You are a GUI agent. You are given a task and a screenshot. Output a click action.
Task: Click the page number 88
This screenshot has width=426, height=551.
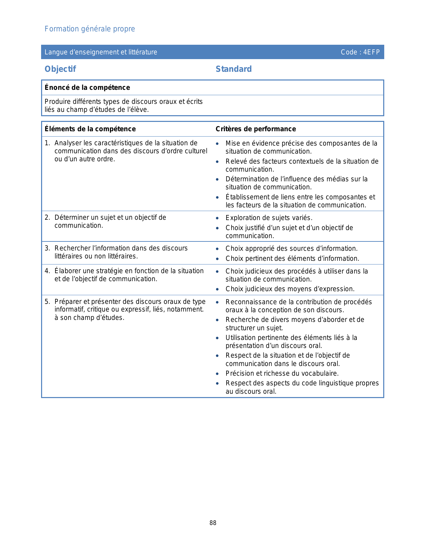pyautogui.click(x=213, y=523)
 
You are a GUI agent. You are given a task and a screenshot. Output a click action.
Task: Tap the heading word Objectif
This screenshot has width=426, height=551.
pyautogui.click(x=60, y=69)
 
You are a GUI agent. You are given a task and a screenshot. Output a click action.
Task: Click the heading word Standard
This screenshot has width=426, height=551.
pyautogui.click(x=234, y=69)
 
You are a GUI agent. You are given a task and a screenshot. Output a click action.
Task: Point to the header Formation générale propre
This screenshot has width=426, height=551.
pyautogui.click(x=90, y=29)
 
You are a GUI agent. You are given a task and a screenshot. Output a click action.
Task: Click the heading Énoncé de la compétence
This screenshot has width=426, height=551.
pyautogui.click(x=87, y=87)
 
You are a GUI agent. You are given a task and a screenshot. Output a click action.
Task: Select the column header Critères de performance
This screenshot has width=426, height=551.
pyautogui.click(x=256, y=129)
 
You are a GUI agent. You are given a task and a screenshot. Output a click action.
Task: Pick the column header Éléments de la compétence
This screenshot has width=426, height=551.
pyautogui.click(x=90, y=129)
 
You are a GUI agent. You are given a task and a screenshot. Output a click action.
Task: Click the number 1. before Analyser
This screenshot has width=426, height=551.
pyautogui.click(x=47, y=143)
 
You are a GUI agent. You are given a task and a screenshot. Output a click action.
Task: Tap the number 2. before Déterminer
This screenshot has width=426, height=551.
pyautogui.click(x=47, y=218)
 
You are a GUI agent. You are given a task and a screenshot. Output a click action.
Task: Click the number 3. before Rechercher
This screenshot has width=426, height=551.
pyautogui.click(x=47, y=248)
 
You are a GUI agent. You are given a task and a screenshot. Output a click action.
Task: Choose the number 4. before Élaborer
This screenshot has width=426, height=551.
pyautogui.click(x=47, y=271)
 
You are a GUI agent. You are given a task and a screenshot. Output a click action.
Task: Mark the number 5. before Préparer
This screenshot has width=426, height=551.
pyautogui.click(x=47, y=302)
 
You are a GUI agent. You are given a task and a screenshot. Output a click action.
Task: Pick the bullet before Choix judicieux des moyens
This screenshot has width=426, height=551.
pyautogui.click(x=217, y=290)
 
